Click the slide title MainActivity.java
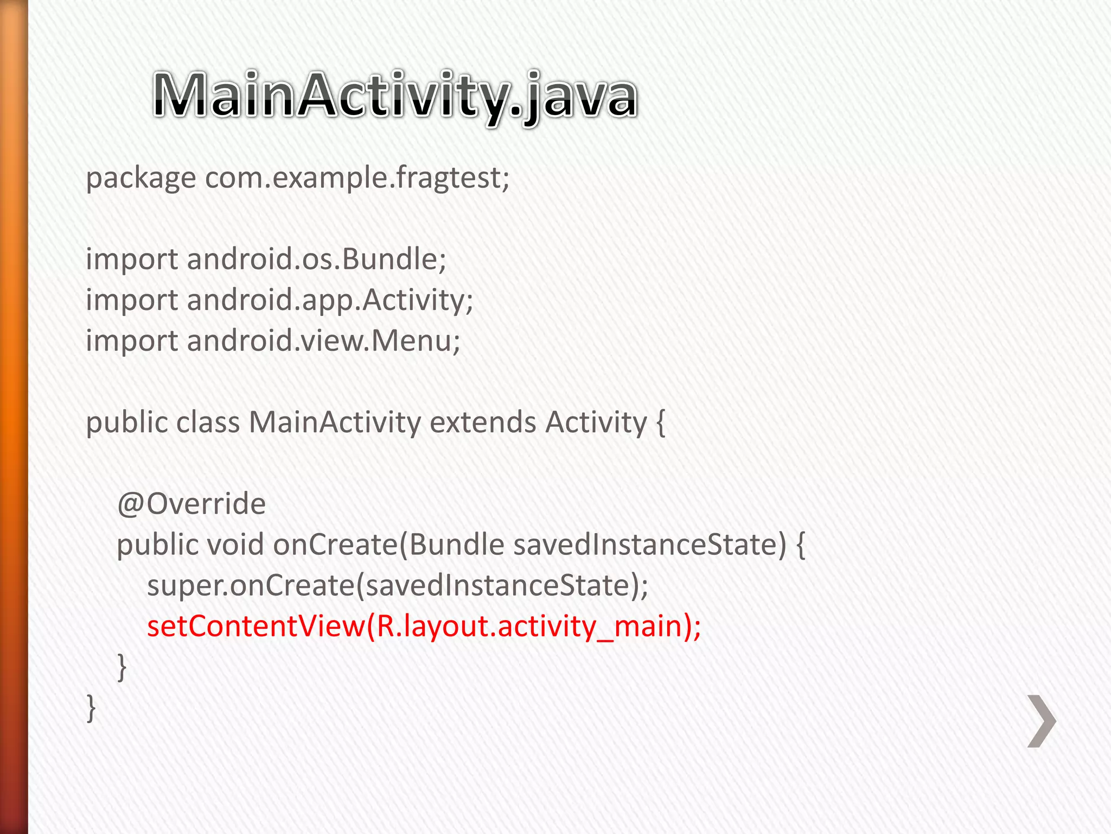pyautogui.click(x=394, y=96)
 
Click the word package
pyautogui.click(x=141, y=178)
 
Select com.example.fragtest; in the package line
pyautogui.click(x=357, y=178)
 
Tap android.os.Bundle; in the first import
pyautogui.click(x=316, y=259)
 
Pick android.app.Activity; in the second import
pyautogui.click(x=330, y=300)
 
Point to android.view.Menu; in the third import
pyautogui.click(x=323, y=340)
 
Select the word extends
pyautogui.click(x=483, y=422)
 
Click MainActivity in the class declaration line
pyautogui.click(x=335, y=422)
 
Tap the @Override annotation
pyautogui.click(x=191, y=503)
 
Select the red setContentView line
pyautogui.click(x=424, y=626)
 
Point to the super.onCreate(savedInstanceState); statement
pyautogui.click(x=398, y=585)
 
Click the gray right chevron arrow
pyautogui.click(x=1042, y=721)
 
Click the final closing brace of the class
pyautogui.click(x=91, y=708)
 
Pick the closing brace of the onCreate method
pyautogui.click(x=122, y=667)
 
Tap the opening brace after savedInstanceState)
pyautogui.click(x=800, y=545)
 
